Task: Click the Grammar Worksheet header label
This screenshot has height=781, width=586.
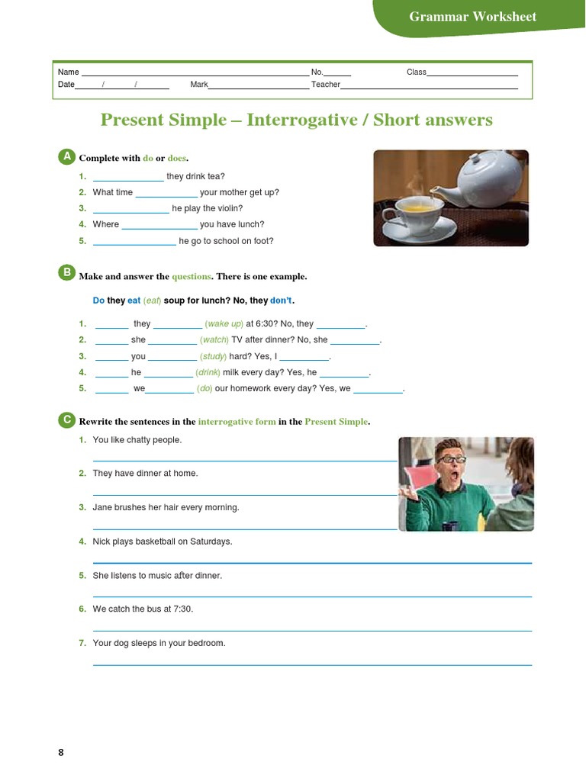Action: (472, 17)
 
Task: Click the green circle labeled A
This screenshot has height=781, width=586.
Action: (66, 156)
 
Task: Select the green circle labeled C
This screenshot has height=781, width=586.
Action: (66, 420)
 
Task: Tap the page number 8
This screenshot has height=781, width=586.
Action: (61, 753)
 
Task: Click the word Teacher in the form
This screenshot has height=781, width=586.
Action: (326, 85)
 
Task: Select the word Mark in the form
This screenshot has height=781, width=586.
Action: (199, 85)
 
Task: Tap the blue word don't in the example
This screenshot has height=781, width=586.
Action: (282, 301)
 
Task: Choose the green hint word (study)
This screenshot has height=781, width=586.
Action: (213, 356)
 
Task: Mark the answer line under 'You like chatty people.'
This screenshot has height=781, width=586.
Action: (244, 460)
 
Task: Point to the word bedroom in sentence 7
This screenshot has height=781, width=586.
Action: (207, 643)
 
